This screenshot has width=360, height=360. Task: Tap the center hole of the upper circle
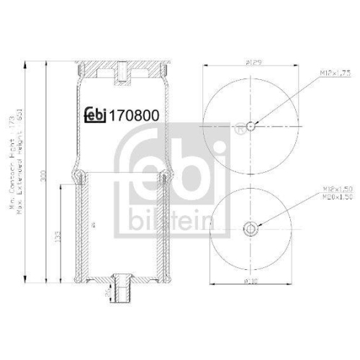click(250, 127)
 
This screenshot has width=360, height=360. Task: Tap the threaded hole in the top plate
click(123, 73)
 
